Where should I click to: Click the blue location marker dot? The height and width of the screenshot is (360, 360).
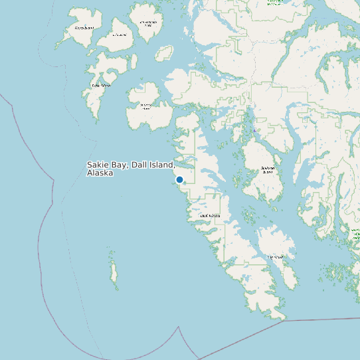pos(179,179)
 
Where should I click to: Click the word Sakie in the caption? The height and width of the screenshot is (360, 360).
pos(98,165)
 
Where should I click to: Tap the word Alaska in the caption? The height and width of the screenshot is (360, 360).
pos(100,173)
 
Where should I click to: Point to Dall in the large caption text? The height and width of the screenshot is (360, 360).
pos(140,165)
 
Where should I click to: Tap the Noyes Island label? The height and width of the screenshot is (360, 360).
pos(84,28)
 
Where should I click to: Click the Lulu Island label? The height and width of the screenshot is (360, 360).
pos(120,35)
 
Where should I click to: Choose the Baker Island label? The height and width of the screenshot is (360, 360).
pos(101,85)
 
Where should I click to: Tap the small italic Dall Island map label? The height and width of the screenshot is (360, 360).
pos(210,216)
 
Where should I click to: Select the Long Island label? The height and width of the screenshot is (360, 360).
pos(276,257)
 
